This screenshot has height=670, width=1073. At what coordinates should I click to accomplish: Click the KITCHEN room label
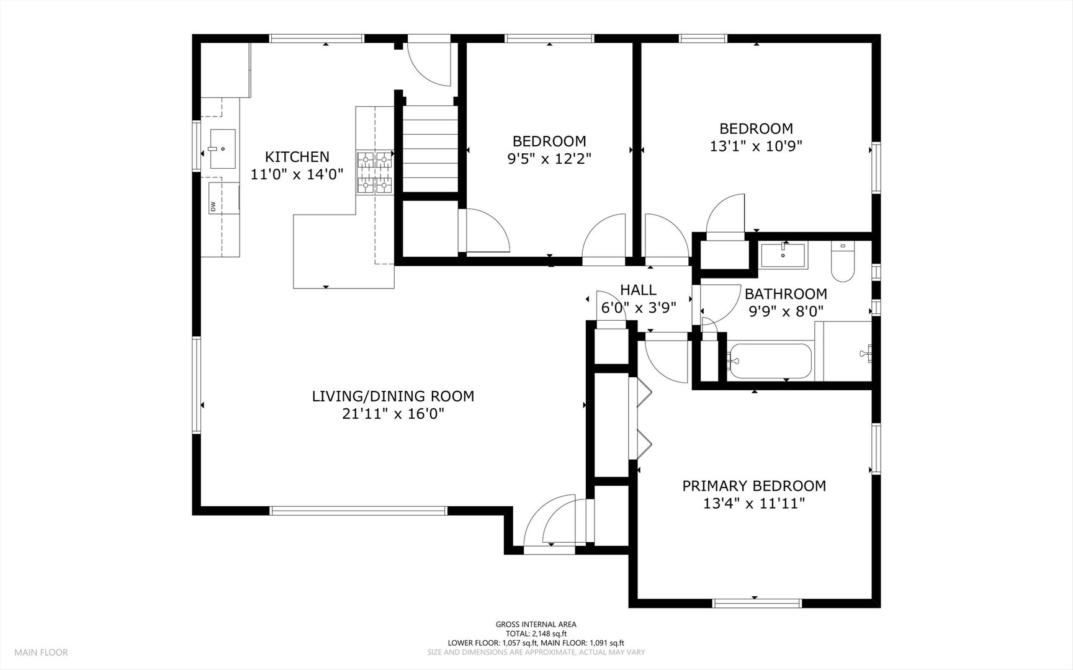(297, 157)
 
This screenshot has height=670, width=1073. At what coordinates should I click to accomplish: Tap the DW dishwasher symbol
(213, 207)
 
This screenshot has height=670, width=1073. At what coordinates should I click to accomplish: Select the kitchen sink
(222, 149)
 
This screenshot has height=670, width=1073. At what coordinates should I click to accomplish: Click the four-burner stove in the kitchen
(375, 172)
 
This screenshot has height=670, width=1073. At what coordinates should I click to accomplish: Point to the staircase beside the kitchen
(430, 149)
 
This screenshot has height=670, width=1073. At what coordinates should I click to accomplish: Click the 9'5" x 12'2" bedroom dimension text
(549, 159)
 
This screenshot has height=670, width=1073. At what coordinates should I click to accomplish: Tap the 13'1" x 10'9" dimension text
(756, 146)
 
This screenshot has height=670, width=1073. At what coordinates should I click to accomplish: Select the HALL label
(638, 290)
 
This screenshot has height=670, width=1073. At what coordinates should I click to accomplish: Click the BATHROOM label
(786, 293)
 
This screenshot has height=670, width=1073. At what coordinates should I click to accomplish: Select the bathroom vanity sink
(783, 254)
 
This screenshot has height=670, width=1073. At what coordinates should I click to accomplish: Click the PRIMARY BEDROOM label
(754, 486)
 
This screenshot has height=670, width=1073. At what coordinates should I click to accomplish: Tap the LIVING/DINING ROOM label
(393, 396)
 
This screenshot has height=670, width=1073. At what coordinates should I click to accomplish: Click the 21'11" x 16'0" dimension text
(393, 414)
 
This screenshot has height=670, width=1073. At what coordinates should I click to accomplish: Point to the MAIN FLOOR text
(41, 653)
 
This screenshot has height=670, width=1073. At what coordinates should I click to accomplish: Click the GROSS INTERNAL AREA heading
(536, 625)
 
